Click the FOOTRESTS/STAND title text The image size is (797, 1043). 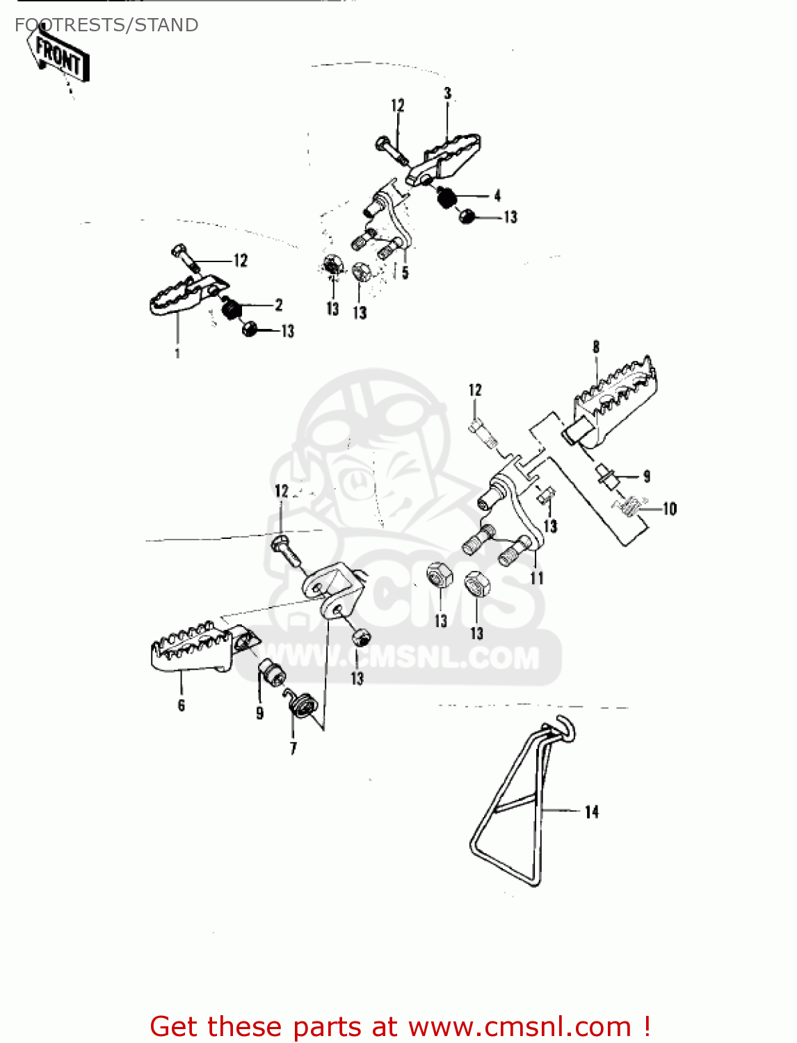point(106,25)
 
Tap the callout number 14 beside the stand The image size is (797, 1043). point(591,811)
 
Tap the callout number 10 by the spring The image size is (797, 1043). point(669,509)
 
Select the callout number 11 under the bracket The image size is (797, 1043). point(537,578)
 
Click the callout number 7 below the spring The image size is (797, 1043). point(293,748)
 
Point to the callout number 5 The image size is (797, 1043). point(405,273)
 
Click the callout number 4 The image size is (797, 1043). point(497,195)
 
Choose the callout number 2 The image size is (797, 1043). point(279,305)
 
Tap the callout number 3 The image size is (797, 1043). point(447,93)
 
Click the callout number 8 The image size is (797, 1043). point(596,346)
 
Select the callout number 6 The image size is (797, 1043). point(182,705)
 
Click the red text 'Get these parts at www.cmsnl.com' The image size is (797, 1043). point(400,1026)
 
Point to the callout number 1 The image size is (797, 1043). point(177,353)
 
